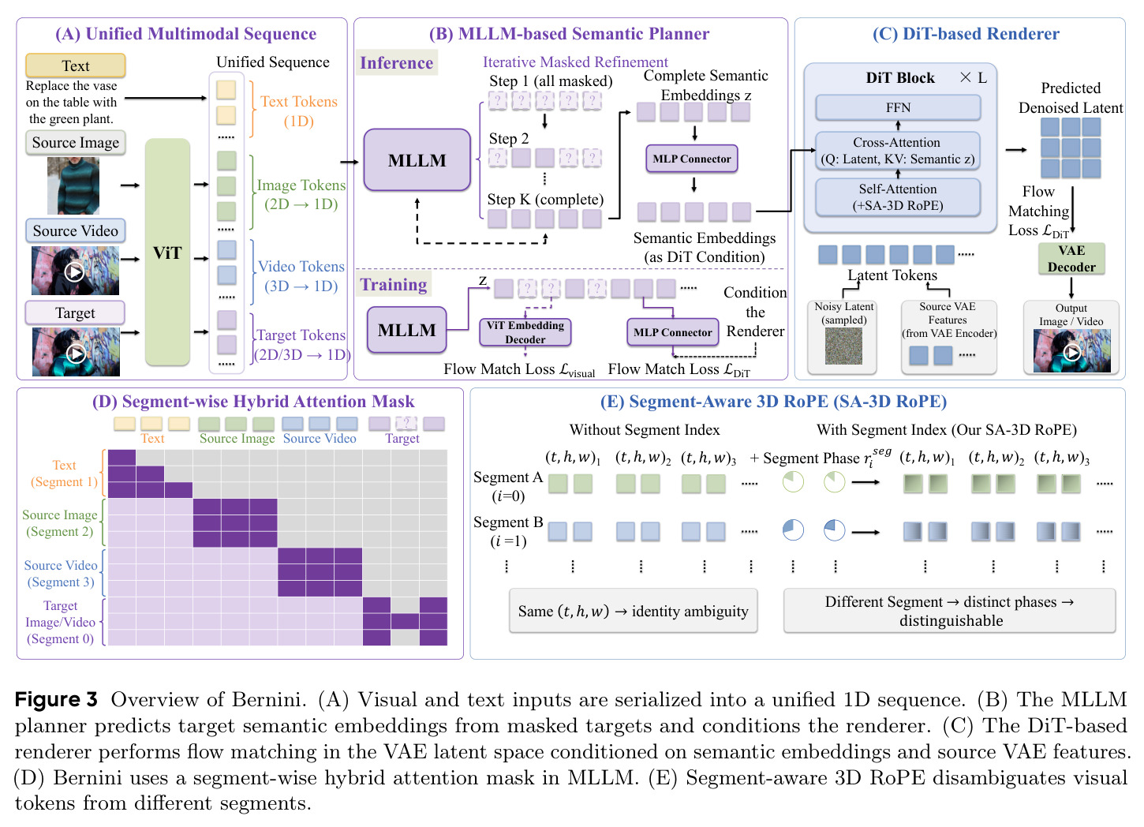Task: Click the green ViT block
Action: [x=167, y=252]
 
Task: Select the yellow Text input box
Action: [x=76, y=66]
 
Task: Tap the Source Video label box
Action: [x=76, y=231]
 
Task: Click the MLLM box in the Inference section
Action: [x=417, y=160]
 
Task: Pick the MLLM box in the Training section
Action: [x=406, y=330]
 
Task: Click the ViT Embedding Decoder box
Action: [x=525, y=332]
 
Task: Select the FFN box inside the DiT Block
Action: [x=898, y=107]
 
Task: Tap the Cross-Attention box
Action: [x=898, y=151]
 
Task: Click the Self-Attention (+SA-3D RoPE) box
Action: [x=898, y=197]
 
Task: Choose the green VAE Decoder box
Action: [x=1071, y=259]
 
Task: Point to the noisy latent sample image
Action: [x=843, y=346]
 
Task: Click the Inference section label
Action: [x=396, y=63]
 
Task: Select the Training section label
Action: [x=393, y=285]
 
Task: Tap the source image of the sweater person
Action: [x=73, y=185]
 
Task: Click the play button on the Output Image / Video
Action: [x=1071, y=353]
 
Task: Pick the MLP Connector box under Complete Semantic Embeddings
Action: [x=691, y=159]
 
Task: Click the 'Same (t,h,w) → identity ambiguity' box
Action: [x=634, y=611]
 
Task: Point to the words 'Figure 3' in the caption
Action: [x=56, y=699]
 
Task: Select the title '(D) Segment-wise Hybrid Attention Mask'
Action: [x=253, y=402]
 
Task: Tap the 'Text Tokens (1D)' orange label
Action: [x=299, y=111]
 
